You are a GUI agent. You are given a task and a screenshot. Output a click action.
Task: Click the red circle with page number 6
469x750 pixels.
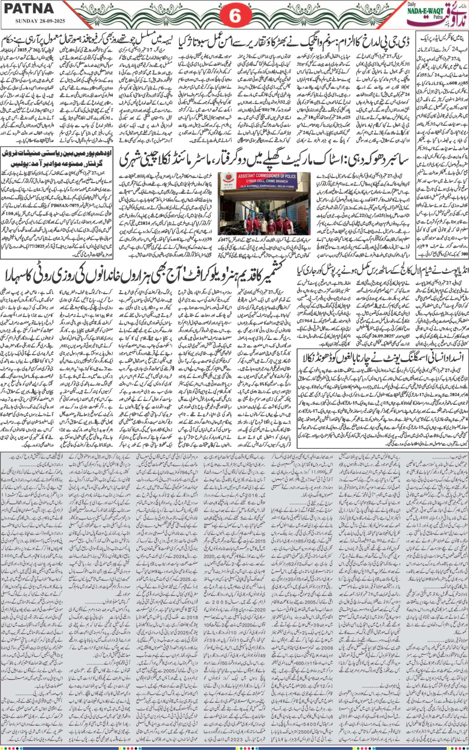[x=235, y=15]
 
